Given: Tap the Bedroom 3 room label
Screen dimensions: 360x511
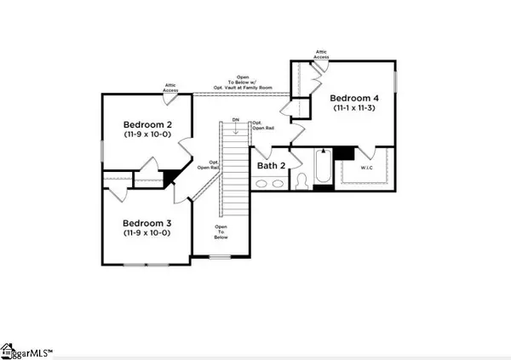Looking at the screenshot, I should click(143, 222).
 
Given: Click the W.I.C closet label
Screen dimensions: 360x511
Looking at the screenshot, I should click(365, 167).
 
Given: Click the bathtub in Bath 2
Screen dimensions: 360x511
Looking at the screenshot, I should click(323, 168).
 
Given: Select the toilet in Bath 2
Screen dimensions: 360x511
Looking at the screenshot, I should click(304, 181).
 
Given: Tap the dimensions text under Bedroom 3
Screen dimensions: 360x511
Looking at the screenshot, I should click(143, 232).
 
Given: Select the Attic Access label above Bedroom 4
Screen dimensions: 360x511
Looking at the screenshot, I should click(322, 54).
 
